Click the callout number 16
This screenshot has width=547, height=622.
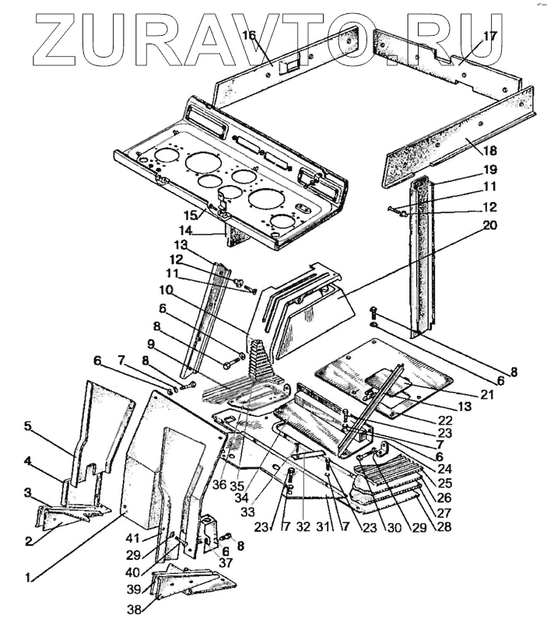point(248,36)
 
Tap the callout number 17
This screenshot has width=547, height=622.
point(489,36)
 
